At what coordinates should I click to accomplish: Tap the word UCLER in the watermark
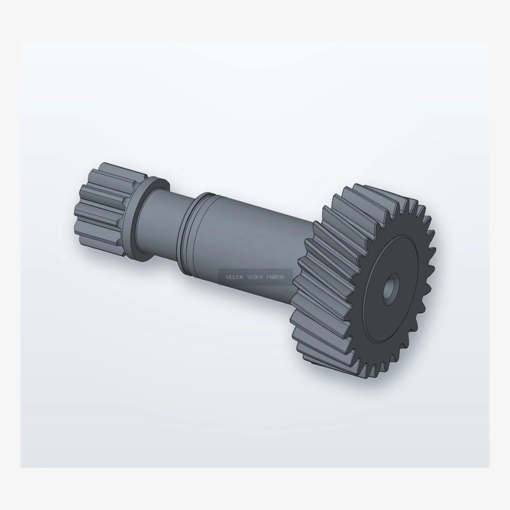(235, 277)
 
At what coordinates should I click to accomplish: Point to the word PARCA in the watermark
(275, 277)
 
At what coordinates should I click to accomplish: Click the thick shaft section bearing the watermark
(249, 249)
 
